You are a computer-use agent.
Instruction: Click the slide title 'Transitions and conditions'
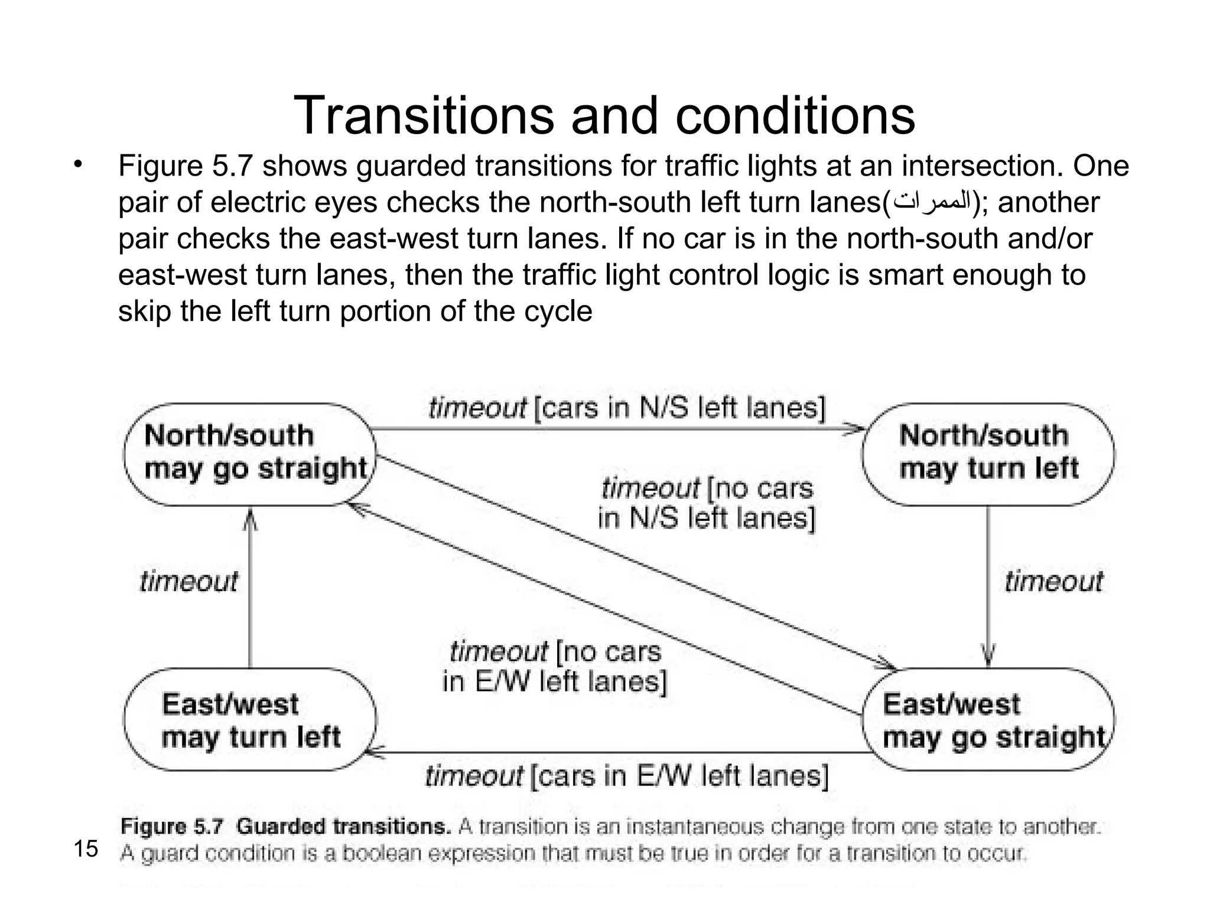click(x=604, y=115)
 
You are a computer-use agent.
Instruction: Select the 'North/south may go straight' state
click(x=249, y=454)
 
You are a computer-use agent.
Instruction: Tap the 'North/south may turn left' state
click(x=988, y=454)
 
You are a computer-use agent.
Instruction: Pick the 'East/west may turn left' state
click(x=249, y=719)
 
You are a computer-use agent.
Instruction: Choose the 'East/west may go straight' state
click(x=988, y=719)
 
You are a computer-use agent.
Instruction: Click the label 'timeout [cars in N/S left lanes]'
click(x=626, y=408)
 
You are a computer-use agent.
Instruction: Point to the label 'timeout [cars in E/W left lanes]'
click(x=626, y=776)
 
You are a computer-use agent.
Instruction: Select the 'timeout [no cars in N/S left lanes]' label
click(x=707, y=503)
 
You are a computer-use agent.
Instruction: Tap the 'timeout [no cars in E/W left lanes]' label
click(x=554, y=666)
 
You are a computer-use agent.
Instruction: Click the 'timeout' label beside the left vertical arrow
click(x=189, y=582)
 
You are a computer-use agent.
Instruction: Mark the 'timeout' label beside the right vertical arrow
click(x=1053, y=582)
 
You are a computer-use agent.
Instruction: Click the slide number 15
click(x=86, y=849)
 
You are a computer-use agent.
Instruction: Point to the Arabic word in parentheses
click(x=932, y=202)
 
